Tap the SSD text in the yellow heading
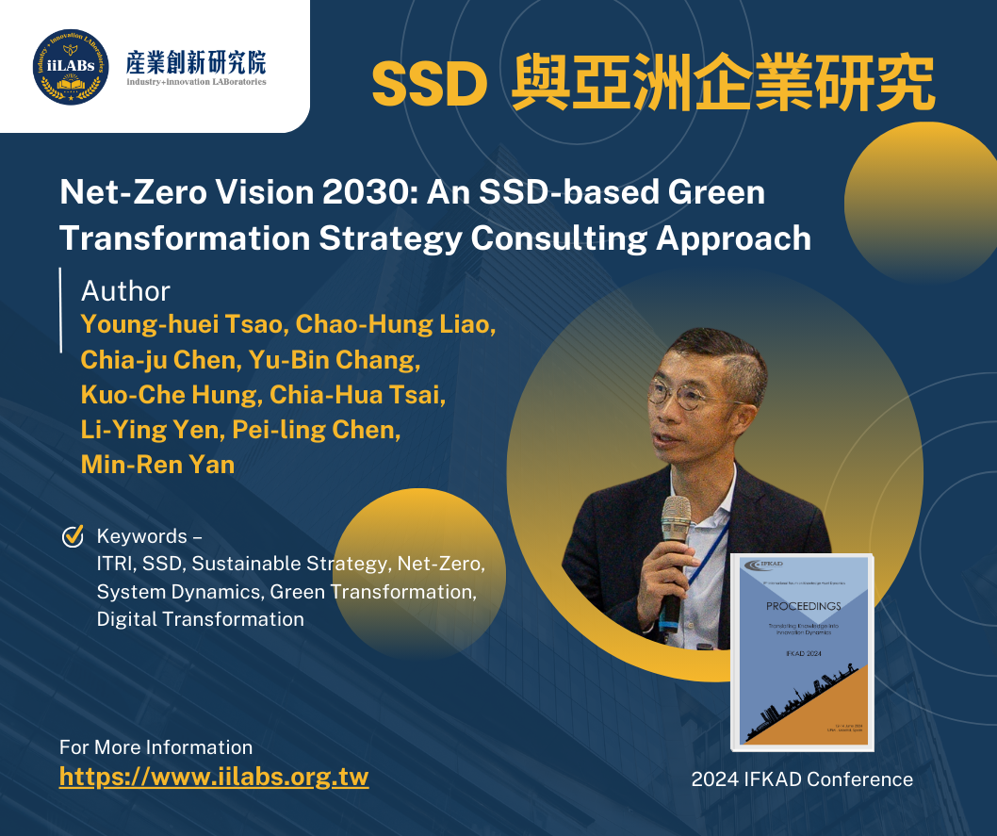pos(429,86)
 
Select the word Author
pos(125,290)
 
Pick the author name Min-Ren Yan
pos(157,464)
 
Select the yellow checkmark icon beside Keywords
pos(73,536)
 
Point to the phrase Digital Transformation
pos(200,619)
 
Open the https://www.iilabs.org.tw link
pos(214,777)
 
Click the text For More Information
pos(155,747)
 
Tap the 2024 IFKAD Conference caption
pos(801,779)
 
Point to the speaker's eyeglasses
pos(693,395)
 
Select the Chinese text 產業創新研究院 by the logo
pos(196,62)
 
